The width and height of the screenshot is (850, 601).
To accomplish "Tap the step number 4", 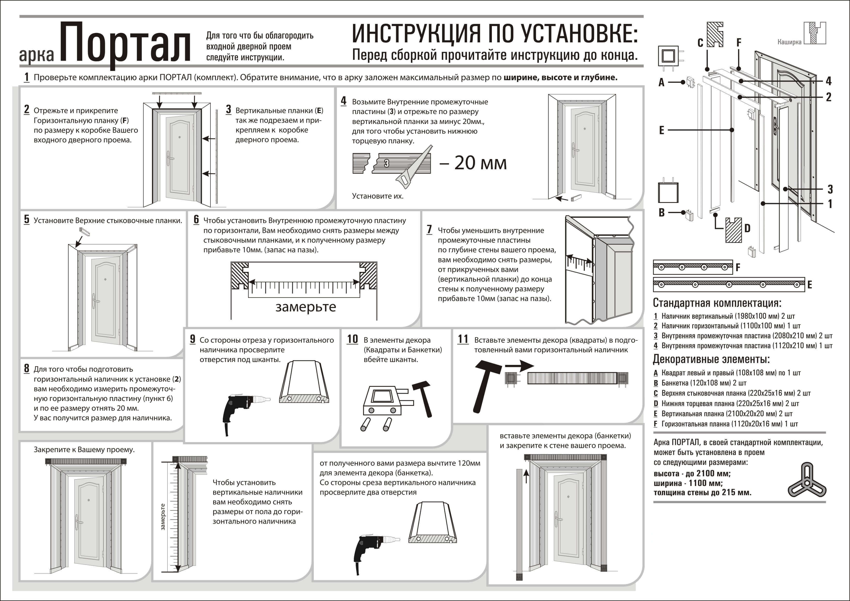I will (344, 101).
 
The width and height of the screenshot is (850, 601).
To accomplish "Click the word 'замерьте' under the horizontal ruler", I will (305, 307).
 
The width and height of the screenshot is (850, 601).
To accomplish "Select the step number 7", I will (429, 230).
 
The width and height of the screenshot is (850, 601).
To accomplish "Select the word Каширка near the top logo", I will (789, 42).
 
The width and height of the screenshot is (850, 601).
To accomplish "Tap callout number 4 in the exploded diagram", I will (828, 81).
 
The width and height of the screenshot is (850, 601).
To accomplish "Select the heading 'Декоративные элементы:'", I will (711, 359).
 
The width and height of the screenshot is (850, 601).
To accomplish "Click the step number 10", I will (352, 339).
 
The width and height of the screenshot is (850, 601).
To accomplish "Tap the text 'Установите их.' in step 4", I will (377, 196).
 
